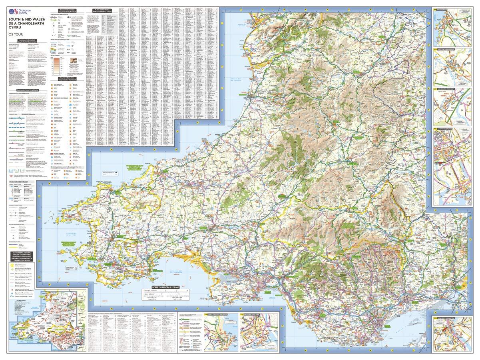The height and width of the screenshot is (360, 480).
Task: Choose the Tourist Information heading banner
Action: pyautogui.click(x=68, y=79)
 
